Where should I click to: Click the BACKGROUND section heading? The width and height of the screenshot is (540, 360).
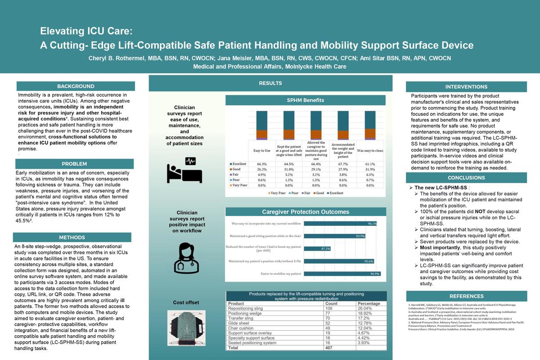pyautogui.click(x=76, y=86)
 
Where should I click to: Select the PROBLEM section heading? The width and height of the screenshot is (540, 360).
pyautogui.click(x=75, y=164)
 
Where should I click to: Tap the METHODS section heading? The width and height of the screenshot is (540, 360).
pyautogui.click(x=72, y=238)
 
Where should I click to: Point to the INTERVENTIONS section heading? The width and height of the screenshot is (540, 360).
pyautogui.click(x=466, y=87)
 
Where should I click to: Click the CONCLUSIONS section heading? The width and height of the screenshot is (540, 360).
pyautogui.click(x=466, y=178)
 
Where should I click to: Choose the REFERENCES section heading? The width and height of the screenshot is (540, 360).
pyautogui.click(x=466, y=296)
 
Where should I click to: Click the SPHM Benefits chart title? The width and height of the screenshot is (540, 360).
pyautogui.click(x=306, y=100)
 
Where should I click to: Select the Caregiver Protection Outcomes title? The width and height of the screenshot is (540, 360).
pyautogui.click(x=306, y=212)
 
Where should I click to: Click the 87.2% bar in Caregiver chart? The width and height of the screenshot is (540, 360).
pyautogui.click(x=317, y=248)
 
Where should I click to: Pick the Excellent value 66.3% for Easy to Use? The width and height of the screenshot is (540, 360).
pyautogui.click(x=262, y=164)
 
